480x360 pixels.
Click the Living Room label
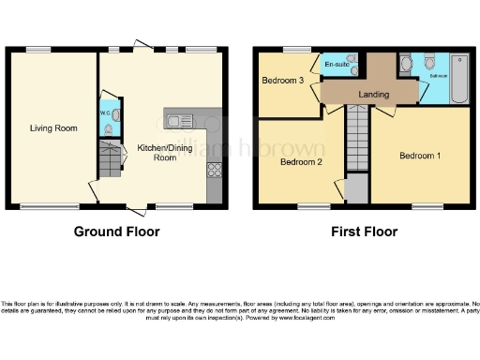(x=52, y=127)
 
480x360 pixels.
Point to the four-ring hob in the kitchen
(x=215, y=171)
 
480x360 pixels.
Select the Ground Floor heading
(x=116, y=232)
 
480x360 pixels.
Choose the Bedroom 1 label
(x=419, y=155)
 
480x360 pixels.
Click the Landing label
(x=373, y=94)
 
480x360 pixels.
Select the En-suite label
(x=336, y=64)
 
